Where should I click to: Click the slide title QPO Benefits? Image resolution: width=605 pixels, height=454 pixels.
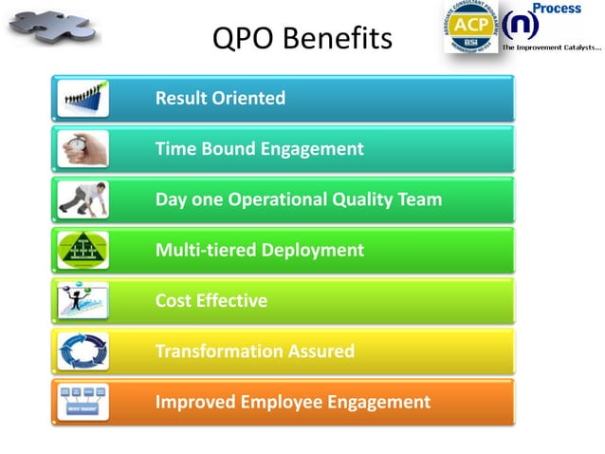[x=302, y=39]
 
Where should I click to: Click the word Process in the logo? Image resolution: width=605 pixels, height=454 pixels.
[x=556, y=9]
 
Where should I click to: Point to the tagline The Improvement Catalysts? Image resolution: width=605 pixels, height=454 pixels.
[x=551, y=47]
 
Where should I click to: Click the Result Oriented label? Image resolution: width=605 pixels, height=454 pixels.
[x=220, y=98]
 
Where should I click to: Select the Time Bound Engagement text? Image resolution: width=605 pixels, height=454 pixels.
[x=259, y=148]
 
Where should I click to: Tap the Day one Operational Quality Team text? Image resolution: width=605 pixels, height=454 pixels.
[x=298, y=199]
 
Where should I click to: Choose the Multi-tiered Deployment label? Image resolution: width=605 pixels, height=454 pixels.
[x=259, y=250]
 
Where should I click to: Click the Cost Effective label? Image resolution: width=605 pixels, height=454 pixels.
[x=211, y=301]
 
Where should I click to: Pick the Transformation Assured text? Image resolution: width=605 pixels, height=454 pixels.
[x=254, y=351]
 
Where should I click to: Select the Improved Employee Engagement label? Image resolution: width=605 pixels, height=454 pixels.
[x=292, y=402]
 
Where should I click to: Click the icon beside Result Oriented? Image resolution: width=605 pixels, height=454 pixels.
[x=82, y=98]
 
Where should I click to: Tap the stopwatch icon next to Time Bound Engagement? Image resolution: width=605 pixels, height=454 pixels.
[x=82, y=148]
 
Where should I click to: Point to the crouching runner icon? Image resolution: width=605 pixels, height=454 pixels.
[x=82, y=199]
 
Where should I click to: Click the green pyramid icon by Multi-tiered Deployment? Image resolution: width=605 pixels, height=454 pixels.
[x=82, y=250]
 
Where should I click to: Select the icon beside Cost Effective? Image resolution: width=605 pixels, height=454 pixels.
[x=82, y=301]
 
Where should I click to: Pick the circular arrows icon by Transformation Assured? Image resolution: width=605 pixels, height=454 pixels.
[x=82, y=351]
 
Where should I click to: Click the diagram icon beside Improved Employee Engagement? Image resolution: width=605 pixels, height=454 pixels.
[x=82, y=402]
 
